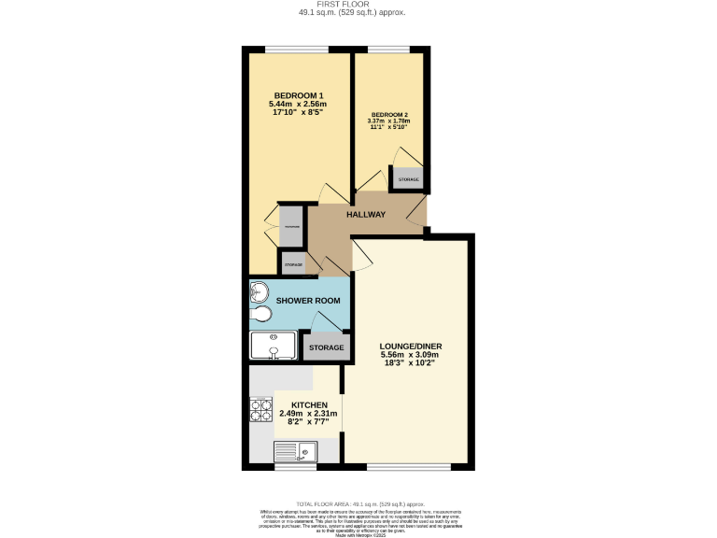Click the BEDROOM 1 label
tap(296, 94)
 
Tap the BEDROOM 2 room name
tap(390, 115)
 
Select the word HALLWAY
tap(366, 215)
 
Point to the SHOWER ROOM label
tap(307, 301)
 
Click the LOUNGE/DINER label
tap(411, 347)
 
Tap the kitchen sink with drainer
tap(294, 452)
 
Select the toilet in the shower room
tap(260, 315)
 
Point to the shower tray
tap(273, 347)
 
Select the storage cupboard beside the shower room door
tap(326, 348)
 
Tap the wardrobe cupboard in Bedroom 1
tap(292, 226)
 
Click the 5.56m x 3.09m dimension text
tap(411, 355)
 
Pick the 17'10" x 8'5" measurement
tap(296, 112)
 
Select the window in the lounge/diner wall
tap(409, 466)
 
